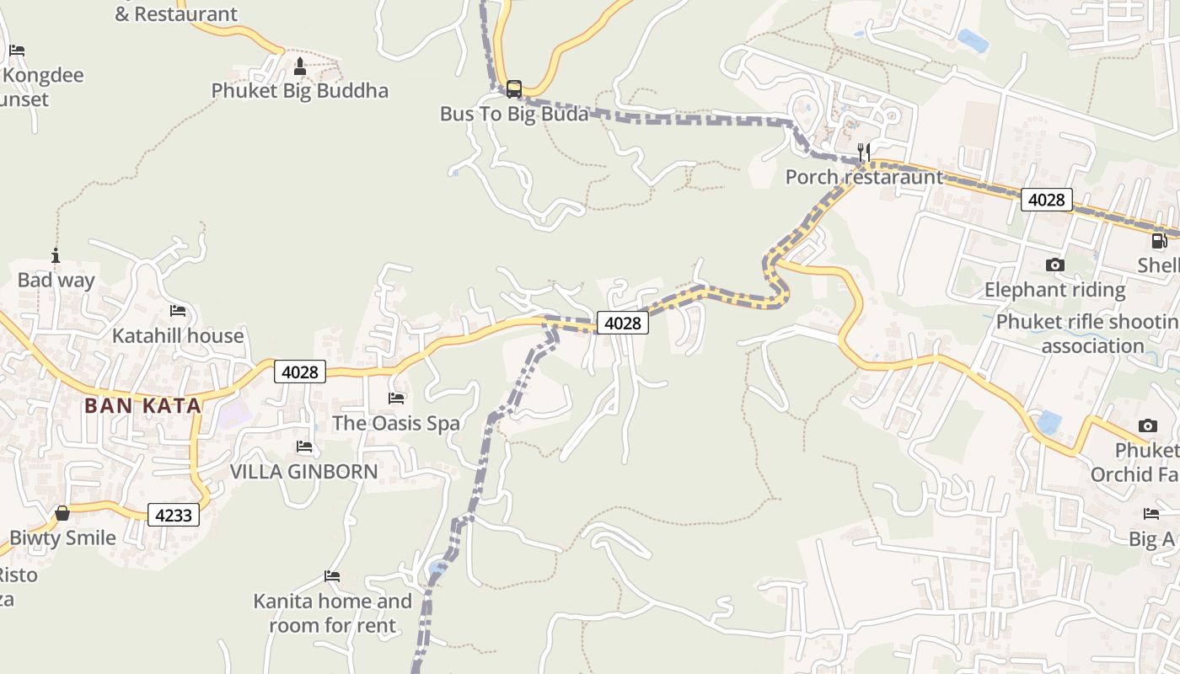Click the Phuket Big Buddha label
coord(299,91)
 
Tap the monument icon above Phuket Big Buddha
coord(299,66)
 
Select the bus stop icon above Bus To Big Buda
coord(513,88)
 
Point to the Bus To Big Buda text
coord(513,114)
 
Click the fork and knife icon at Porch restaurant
coord(863,152)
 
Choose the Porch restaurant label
coord(864,177)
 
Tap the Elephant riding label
coord(1054,290)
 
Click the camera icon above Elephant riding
coord(1054,265)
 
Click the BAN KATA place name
coord(142,405)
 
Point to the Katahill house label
coord(178,335)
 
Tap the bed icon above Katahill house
coord(178,311)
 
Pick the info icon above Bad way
coord(56,255)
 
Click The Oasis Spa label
coord(396,422)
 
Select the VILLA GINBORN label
coord(304,471)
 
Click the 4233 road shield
coord(174,514)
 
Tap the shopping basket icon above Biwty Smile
coord(62,512)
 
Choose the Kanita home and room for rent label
coord(333,612)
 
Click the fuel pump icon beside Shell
coord(1160,241)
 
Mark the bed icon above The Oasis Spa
coord(396,398)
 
